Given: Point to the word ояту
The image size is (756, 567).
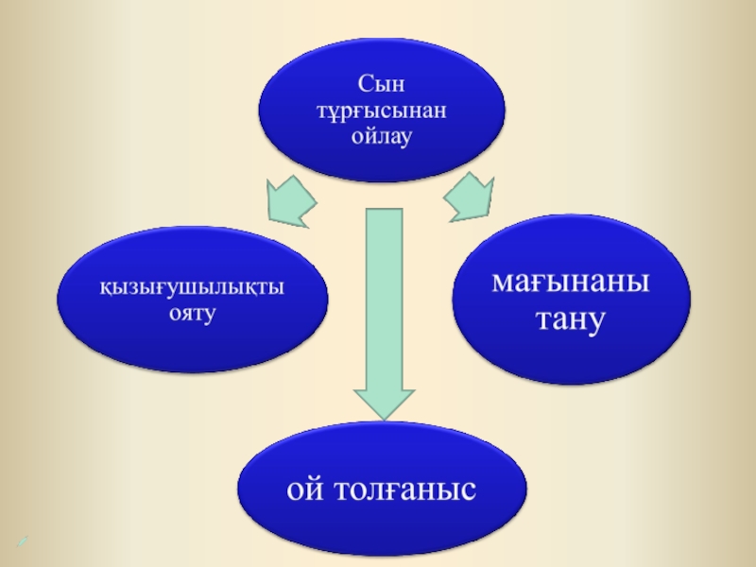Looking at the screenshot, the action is [x=192, y=311].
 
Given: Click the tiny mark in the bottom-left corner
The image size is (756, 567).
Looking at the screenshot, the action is [x=21, y=541].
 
